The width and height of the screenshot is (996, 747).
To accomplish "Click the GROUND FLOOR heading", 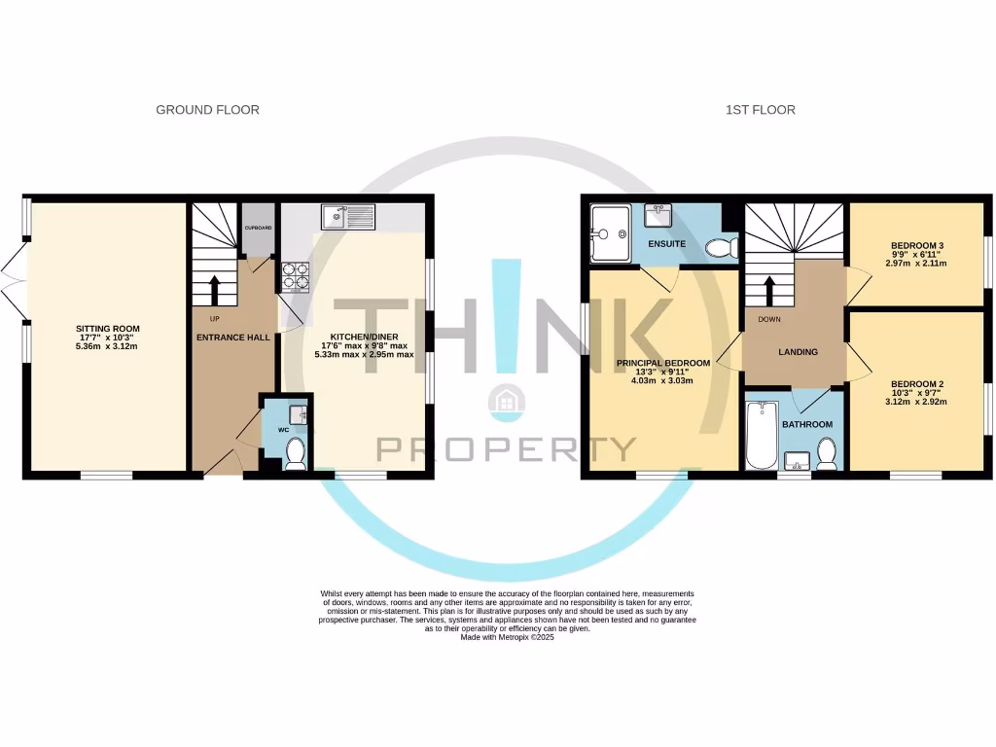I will point(207,110).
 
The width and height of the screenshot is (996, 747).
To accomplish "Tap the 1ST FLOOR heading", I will point(760,110).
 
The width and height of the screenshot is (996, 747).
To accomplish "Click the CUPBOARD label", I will point(258,228).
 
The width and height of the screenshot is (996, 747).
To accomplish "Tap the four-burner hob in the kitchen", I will point(295,277).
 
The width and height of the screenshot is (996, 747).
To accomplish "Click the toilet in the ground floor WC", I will point(296,453).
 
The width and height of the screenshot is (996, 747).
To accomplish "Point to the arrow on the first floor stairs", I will point(769,291).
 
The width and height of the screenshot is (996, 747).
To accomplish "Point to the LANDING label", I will point(798,352).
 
